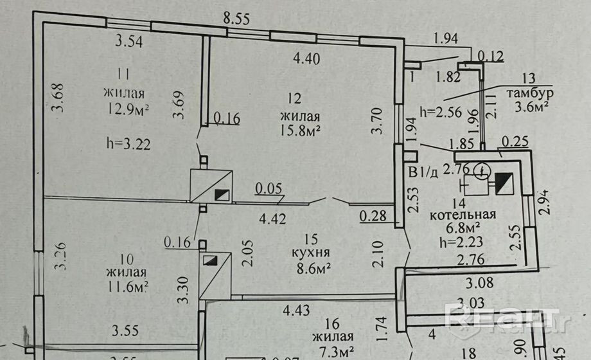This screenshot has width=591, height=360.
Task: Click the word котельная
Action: pos(463,214)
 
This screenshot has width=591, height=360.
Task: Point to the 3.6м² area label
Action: pos(531,107)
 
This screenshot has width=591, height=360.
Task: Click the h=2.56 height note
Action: pos(441,111)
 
